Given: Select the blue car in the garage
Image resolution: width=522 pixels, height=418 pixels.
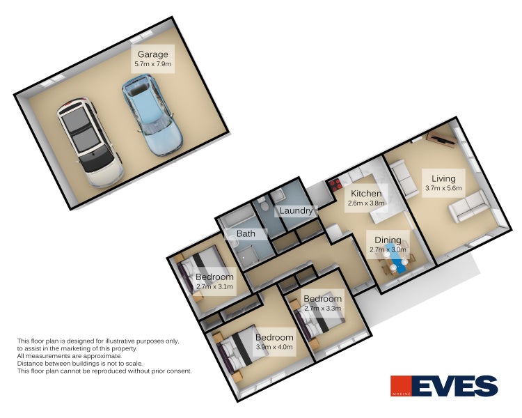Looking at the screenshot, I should (x=151, y=115).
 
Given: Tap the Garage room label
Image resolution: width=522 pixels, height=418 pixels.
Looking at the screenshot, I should (x=152, y=54).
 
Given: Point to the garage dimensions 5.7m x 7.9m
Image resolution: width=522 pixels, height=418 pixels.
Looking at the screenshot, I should (x=152, y=64).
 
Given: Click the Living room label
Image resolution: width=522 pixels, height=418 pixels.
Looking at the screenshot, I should (x=443, y=178).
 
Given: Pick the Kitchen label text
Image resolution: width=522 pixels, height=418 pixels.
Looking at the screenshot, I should (x=365, y=194).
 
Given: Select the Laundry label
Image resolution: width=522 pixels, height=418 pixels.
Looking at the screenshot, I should (x=296, y=210).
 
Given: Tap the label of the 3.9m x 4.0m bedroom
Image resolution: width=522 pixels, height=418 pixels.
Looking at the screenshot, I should (x=274, y=337).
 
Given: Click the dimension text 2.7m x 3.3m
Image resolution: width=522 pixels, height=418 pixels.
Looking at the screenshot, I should (x=323, y=308).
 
